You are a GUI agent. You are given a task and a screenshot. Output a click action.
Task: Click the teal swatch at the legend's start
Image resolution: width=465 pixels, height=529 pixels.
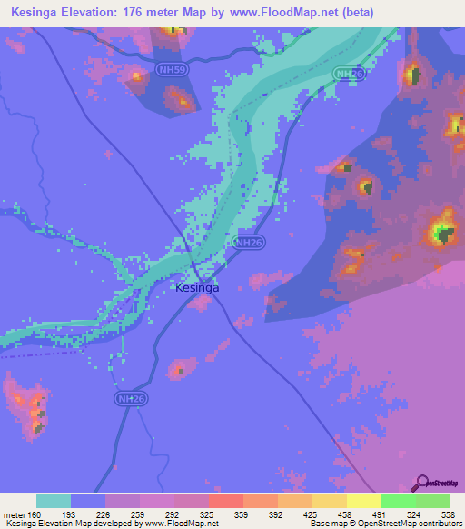tap(54, 501)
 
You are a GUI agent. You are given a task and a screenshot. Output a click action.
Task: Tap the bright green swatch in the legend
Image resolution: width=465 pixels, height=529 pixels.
tap(399, 501)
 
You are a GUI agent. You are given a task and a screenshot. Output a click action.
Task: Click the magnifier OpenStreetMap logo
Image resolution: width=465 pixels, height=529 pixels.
tap(421, 483)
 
